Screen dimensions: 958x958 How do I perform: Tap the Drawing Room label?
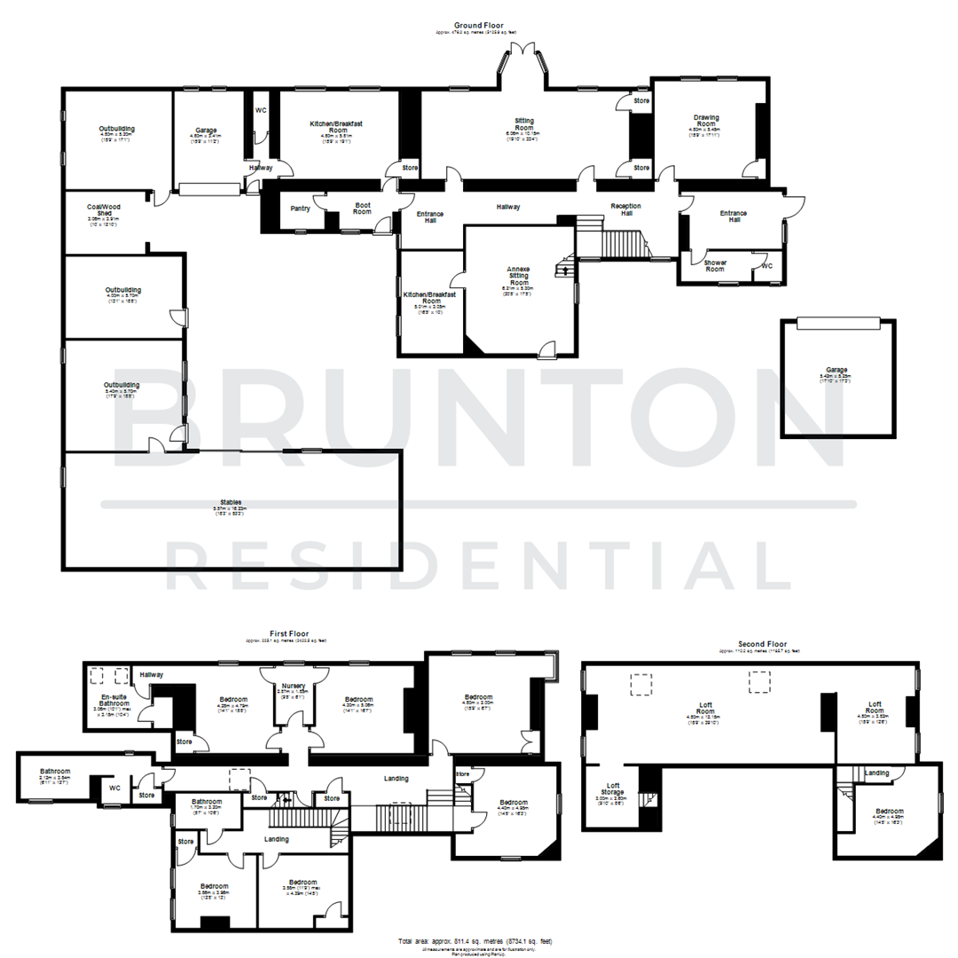coord(706,122)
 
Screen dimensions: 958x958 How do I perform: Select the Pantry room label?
coord(300,208)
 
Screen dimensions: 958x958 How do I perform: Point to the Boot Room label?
coord(362,208)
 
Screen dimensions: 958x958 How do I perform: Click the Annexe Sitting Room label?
coord(518,276)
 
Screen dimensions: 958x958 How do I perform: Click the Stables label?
coord(231,502)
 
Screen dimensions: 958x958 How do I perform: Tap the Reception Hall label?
coord(626,209)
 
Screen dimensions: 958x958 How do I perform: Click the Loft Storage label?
coord(613,789)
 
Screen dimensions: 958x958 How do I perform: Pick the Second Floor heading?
coord(763,643)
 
